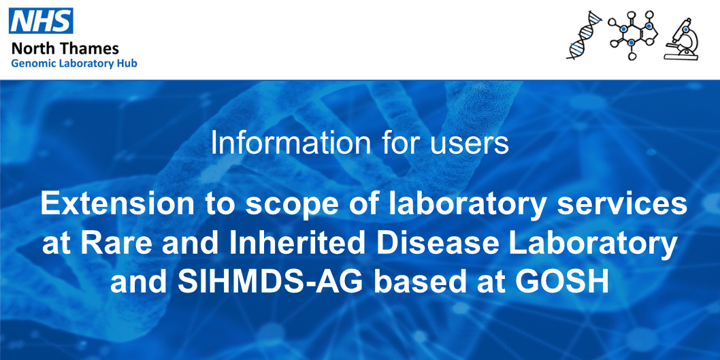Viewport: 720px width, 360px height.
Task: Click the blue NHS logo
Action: click(x=40, y=21)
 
